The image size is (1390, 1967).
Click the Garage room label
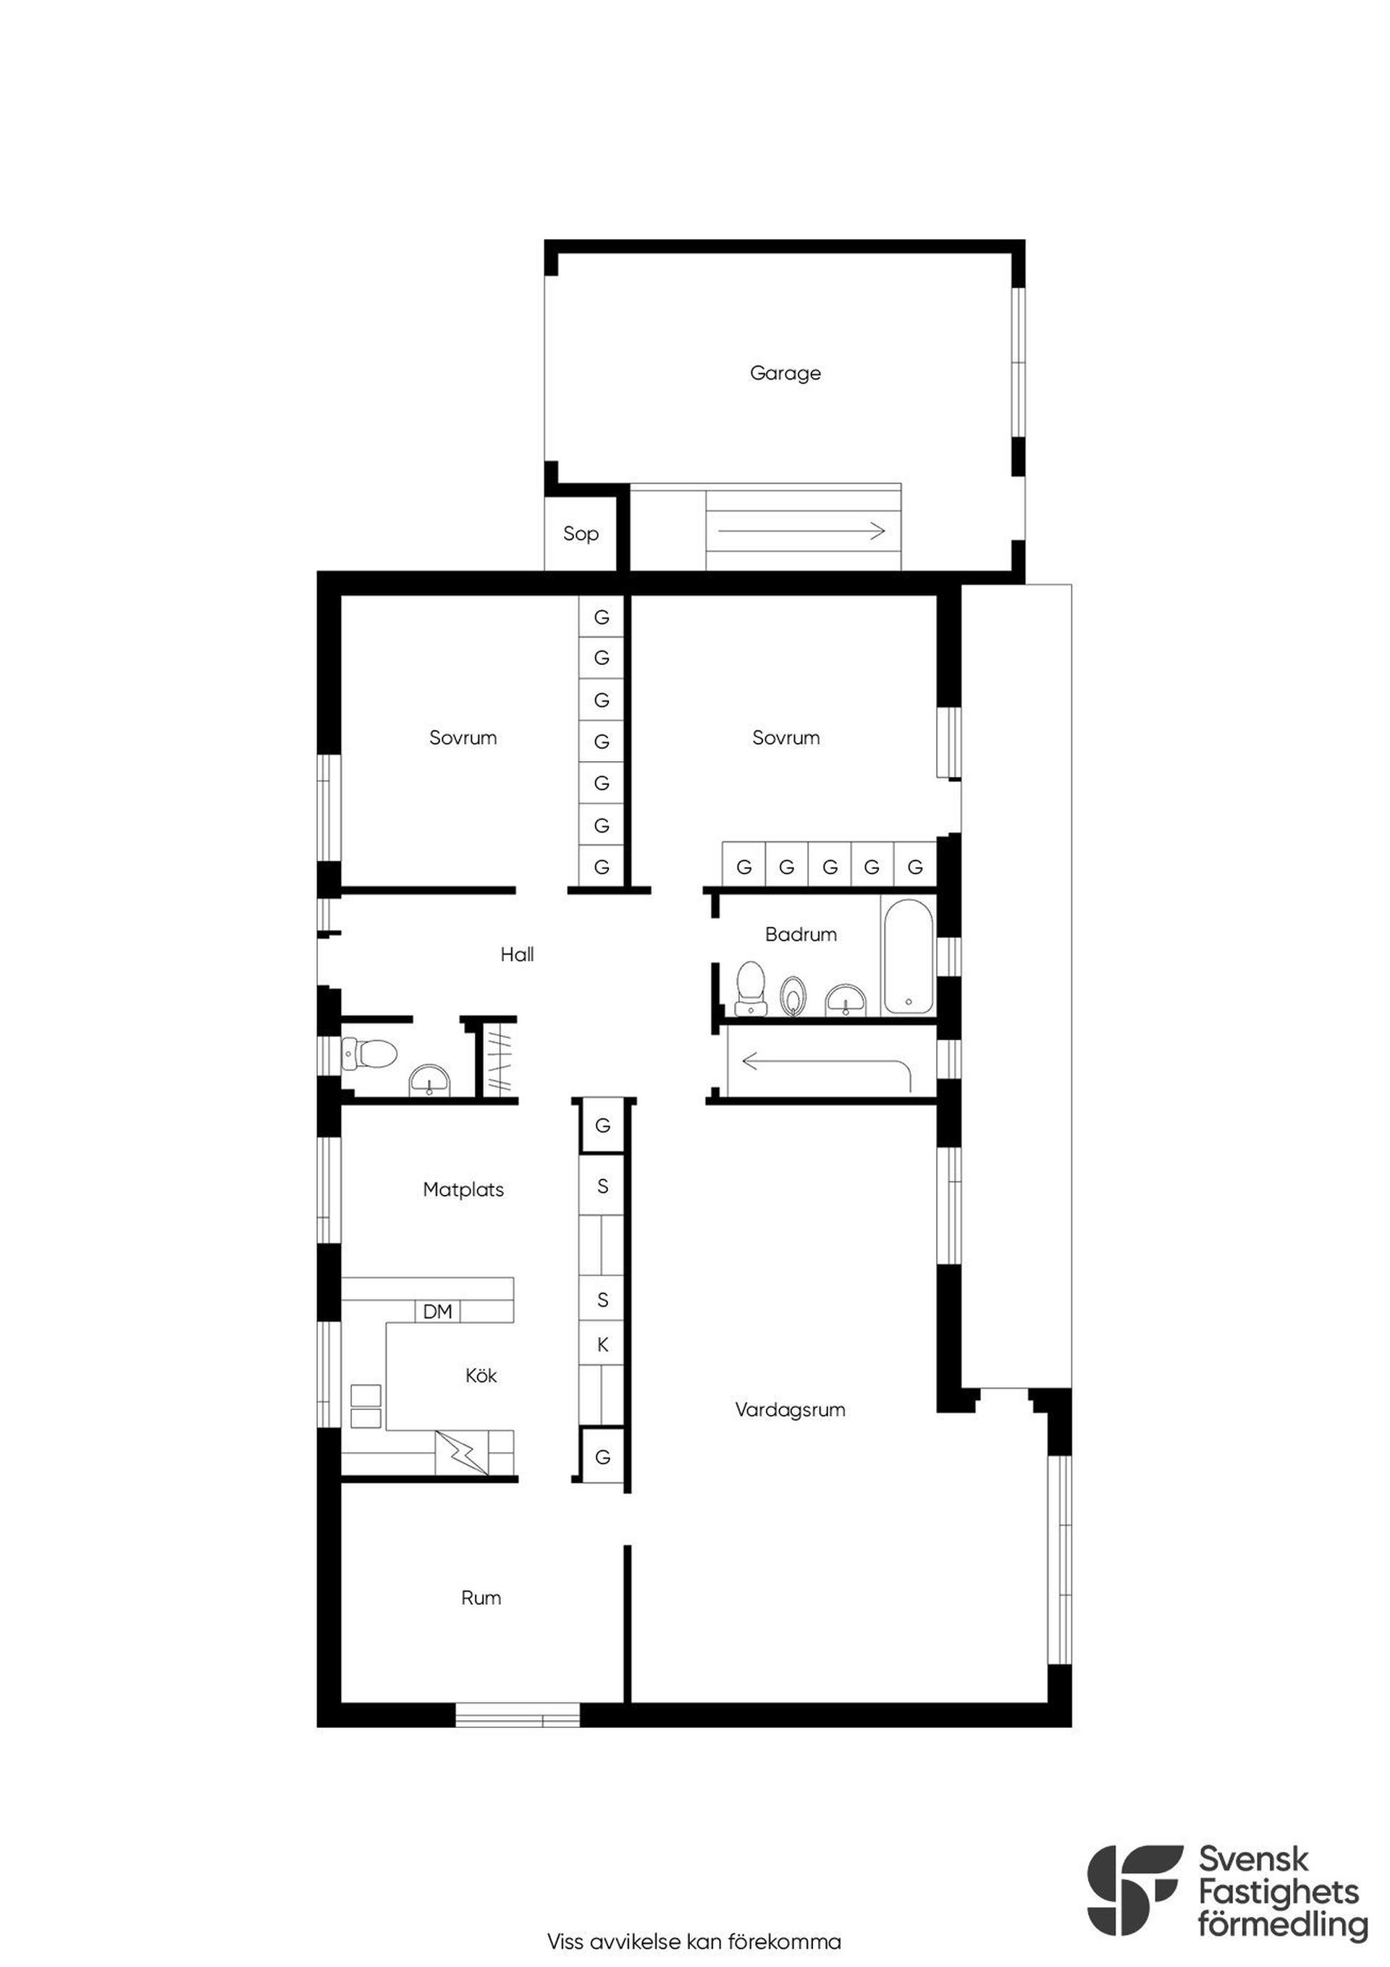click(785, 373)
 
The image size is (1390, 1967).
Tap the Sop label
click(581, 534)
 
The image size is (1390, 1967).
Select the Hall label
click(518, 955)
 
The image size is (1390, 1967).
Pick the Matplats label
click(463, 1189)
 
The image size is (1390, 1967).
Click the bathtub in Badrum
click(908, 955)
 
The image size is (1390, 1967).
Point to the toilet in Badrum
click(751, 988)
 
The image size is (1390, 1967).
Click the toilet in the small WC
click(369, 1053)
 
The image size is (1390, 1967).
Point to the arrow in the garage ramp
click(801, 531)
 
